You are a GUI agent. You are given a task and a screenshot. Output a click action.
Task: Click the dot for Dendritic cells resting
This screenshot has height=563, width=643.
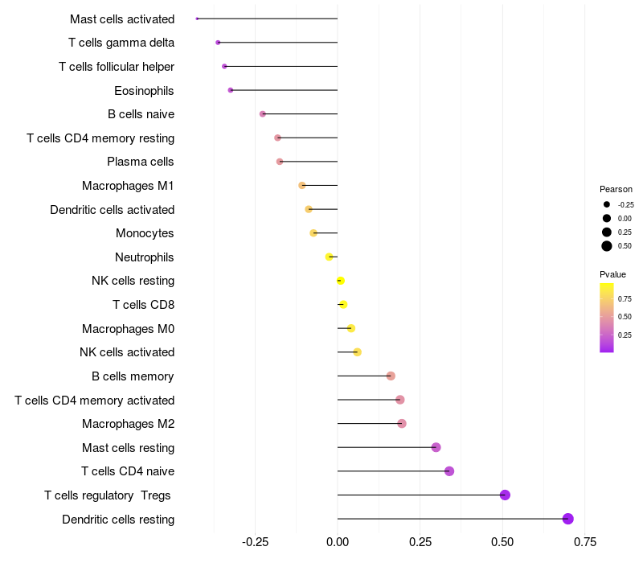[568, 519]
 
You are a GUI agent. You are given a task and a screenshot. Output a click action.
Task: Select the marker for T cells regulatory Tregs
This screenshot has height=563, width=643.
[505, 495]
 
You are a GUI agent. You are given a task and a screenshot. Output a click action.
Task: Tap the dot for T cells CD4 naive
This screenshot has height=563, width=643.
[449, 471]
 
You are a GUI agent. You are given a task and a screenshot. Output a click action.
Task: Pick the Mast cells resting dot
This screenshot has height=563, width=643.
[436, 447]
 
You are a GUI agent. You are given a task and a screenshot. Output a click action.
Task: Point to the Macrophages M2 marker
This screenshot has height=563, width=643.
[402, 424]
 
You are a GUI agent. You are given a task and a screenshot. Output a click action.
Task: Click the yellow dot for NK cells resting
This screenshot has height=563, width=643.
[341, 281]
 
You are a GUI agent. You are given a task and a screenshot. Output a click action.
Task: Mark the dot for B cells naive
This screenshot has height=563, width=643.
[263, 114]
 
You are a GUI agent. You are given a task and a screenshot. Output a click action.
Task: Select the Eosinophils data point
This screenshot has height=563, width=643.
[231, 90]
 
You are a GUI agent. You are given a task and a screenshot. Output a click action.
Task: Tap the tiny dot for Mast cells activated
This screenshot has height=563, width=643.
[197, 18]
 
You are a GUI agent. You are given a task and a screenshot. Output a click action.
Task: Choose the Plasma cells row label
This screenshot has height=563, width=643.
[141, 162]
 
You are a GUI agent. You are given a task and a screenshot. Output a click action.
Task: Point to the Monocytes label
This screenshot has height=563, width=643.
[145, 233]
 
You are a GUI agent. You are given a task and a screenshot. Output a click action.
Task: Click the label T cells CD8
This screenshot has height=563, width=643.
[143, 305]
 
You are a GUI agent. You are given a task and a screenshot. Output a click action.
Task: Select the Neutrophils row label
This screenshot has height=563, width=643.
[145, 257]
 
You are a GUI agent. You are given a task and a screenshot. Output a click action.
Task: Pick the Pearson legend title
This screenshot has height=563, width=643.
[616, 189]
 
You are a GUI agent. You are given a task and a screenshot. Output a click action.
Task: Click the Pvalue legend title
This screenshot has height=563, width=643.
[612, 274]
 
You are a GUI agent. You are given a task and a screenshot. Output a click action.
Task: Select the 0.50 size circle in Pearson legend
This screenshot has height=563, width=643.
[607, 246]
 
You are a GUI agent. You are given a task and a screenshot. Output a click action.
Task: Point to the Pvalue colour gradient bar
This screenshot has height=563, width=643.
[607, 317]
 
